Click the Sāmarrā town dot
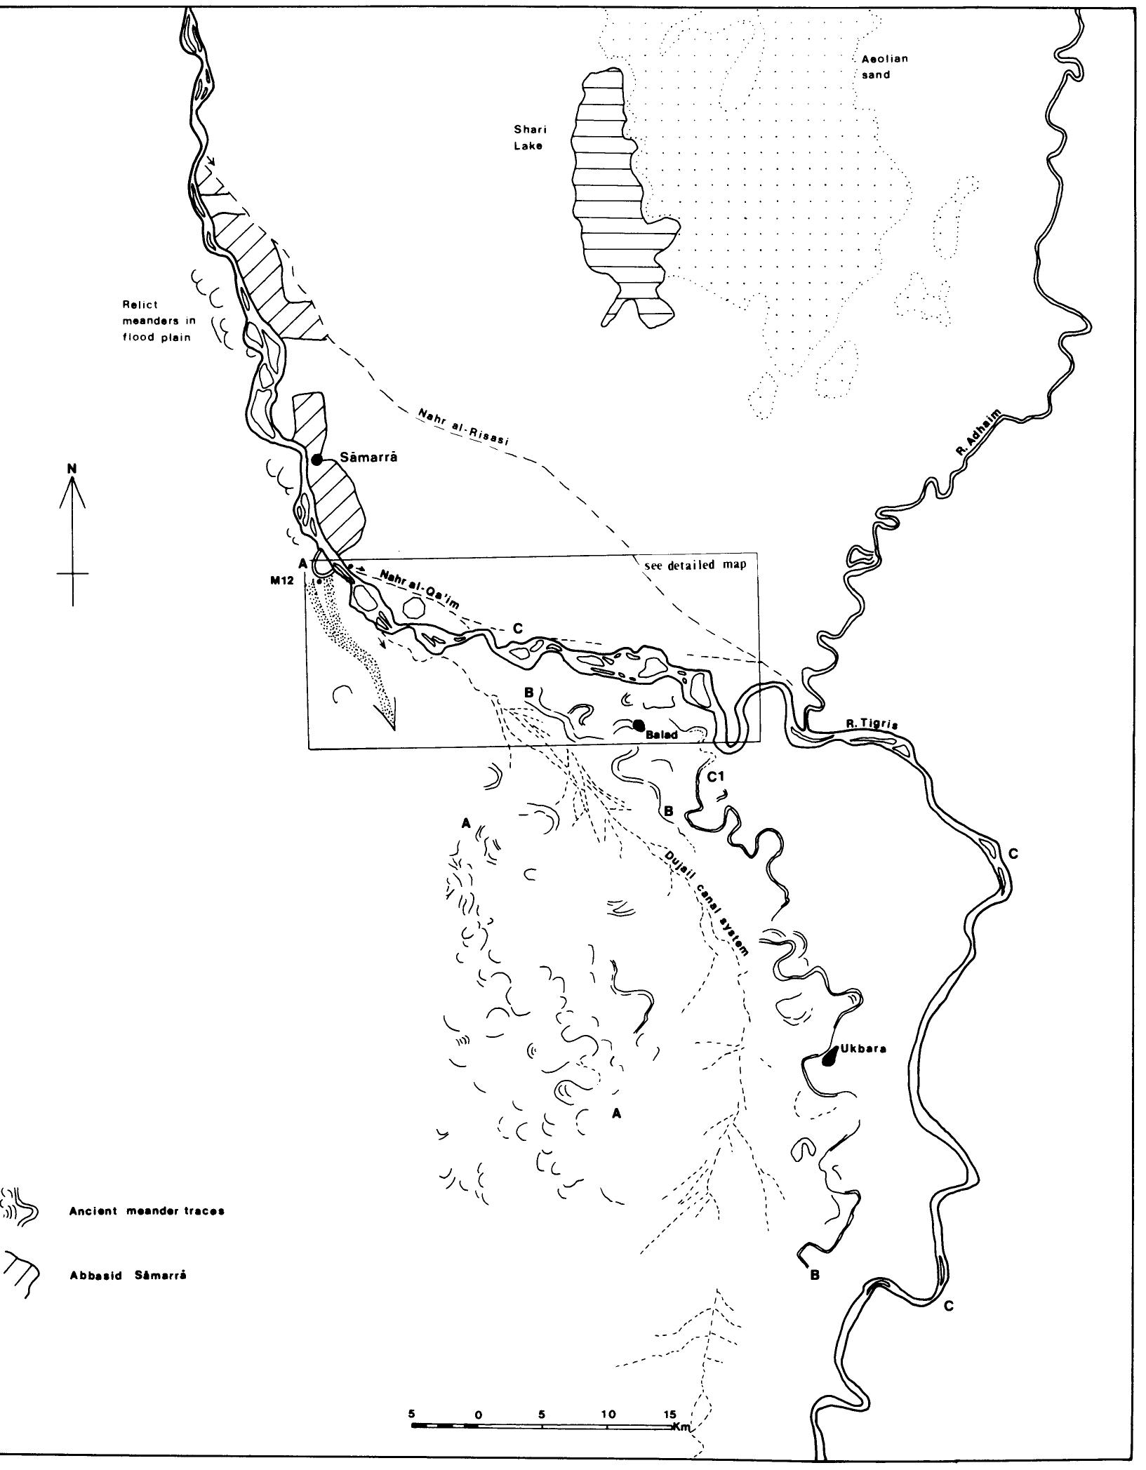pyautogui.click(x=317, y=460)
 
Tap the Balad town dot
pyautogui.click(x=638, y=725)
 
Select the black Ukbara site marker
pyautogui.click(x=829, y=1075)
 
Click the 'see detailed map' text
pyautogui.click(x=695, y=565)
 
